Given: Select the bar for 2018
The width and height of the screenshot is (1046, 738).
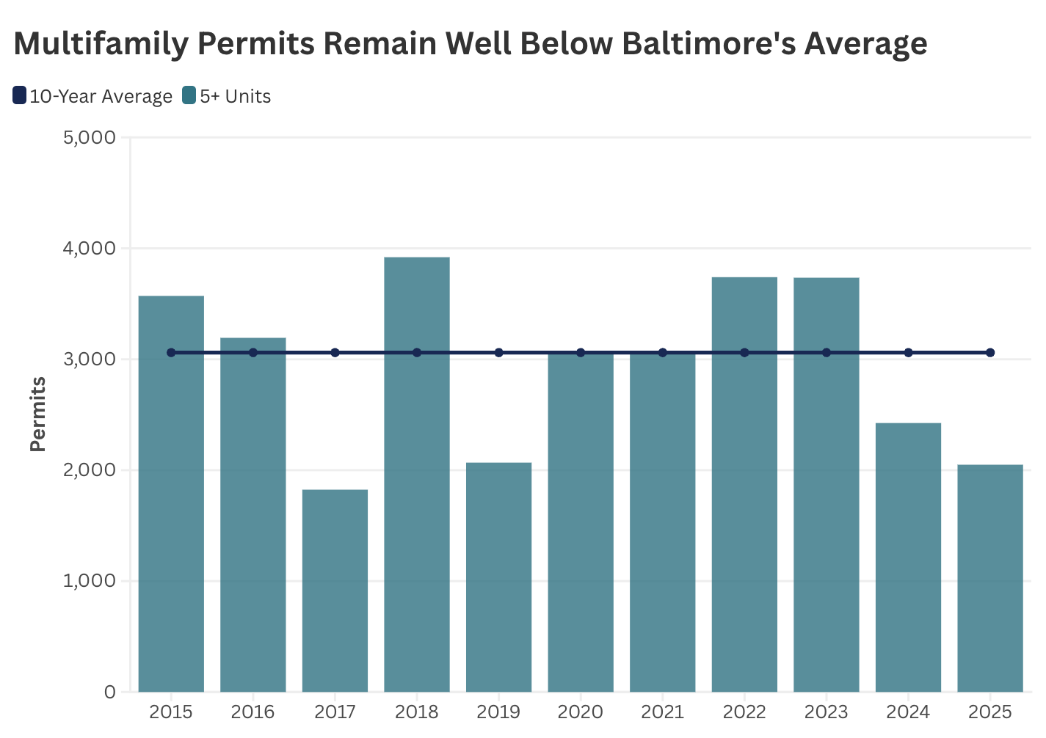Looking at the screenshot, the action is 416,474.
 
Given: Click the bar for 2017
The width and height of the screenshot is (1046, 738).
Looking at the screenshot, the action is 335,591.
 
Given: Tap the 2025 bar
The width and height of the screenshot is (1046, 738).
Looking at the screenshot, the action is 990,578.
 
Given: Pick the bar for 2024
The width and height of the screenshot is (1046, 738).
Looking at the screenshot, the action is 908,558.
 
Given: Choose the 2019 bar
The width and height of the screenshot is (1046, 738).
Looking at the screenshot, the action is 498,577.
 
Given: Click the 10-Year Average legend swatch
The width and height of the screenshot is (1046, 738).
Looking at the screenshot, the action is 19,95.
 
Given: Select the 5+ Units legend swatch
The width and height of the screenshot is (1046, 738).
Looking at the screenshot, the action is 189,95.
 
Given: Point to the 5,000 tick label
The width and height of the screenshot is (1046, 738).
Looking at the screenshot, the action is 90,138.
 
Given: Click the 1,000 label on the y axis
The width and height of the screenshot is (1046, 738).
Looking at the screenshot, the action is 90,581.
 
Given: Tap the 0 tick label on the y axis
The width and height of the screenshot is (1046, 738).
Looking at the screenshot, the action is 109,692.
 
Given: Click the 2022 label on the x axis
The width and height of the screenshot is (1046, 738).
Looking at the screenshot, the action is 744,712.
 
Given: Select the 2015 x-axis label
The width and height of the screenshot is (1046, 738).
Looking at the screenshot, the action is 171,712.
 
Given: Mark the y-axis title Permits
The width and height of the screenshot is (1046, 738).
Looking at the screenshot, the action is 37,414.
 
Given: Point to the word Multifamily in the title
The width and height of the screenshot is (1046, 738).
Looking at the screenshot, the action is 101,44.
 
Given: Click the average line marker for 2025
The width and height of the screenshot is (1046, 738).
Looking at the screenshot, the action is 990,352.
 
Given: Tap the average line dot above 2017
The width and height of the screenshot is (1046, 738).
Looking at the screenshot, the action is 335,352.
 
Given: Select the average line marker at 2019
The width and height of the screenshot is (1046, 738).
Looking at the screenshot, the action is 498,352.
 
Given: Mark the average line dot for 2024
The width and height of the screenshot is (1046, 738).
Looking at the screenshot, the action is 908,352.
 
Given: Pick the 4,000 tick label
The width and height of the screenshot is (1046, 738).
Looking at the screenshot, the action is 90,249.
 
